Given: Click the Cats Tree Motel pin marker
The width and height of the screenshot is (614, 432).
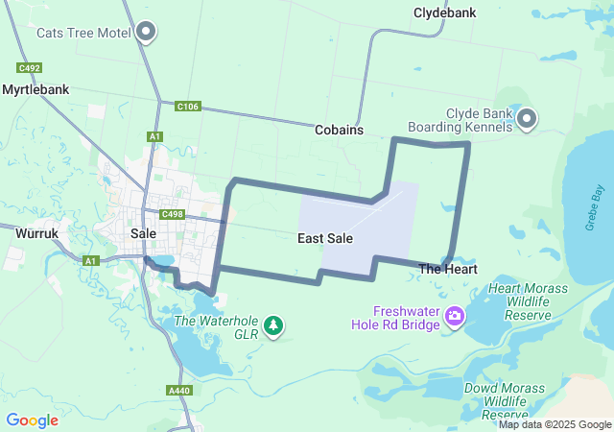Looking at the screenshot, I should tap(147, 33).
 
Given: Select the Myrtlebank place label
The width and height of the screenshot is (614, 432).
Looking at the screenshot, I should tap(35, 89).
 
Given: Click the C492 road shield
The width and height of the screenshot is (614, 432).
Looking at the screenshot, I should tap(29, 68).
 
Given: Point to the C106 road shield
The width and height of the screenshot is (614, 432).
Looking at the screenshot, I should tap(188, 107).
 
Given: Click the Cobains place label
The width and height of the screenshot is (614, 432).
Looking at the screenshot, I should tap(339, 130).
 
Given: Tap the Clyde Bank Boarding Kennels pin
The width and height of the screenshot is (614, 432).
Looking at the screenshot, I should tap(527, 120).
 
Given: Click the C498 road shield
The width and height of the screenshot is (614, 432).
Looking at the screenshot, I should tap(173, 214).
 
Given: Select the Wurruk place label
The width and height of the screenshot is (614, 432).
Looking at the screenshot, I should tap(38, 232).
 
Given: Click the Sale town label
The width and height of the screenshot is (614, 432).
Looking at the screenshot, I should tap(143, 233).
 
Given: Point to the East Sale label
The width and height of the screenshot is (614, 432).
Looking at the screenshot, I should tap(322, 238).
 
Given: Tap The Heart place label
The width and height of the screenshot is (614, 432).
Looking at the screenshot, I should tap(448, 270).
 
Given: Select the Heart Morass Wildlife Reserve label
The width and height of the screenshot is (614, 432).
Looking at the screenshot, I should tap(529, 301).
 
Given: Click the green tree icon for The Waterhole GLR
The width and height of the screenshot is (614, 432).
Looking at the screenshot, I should tap(274, 325).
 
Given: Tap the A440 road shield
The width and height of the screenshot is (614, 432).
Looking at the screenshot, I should tap(179, 390).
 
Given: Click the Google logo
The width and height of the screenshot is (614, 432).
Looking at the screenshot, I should tap(33, 420).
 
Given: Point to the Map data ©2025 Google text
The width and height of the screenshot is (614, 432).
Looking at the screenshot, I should tap(555, 424).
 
